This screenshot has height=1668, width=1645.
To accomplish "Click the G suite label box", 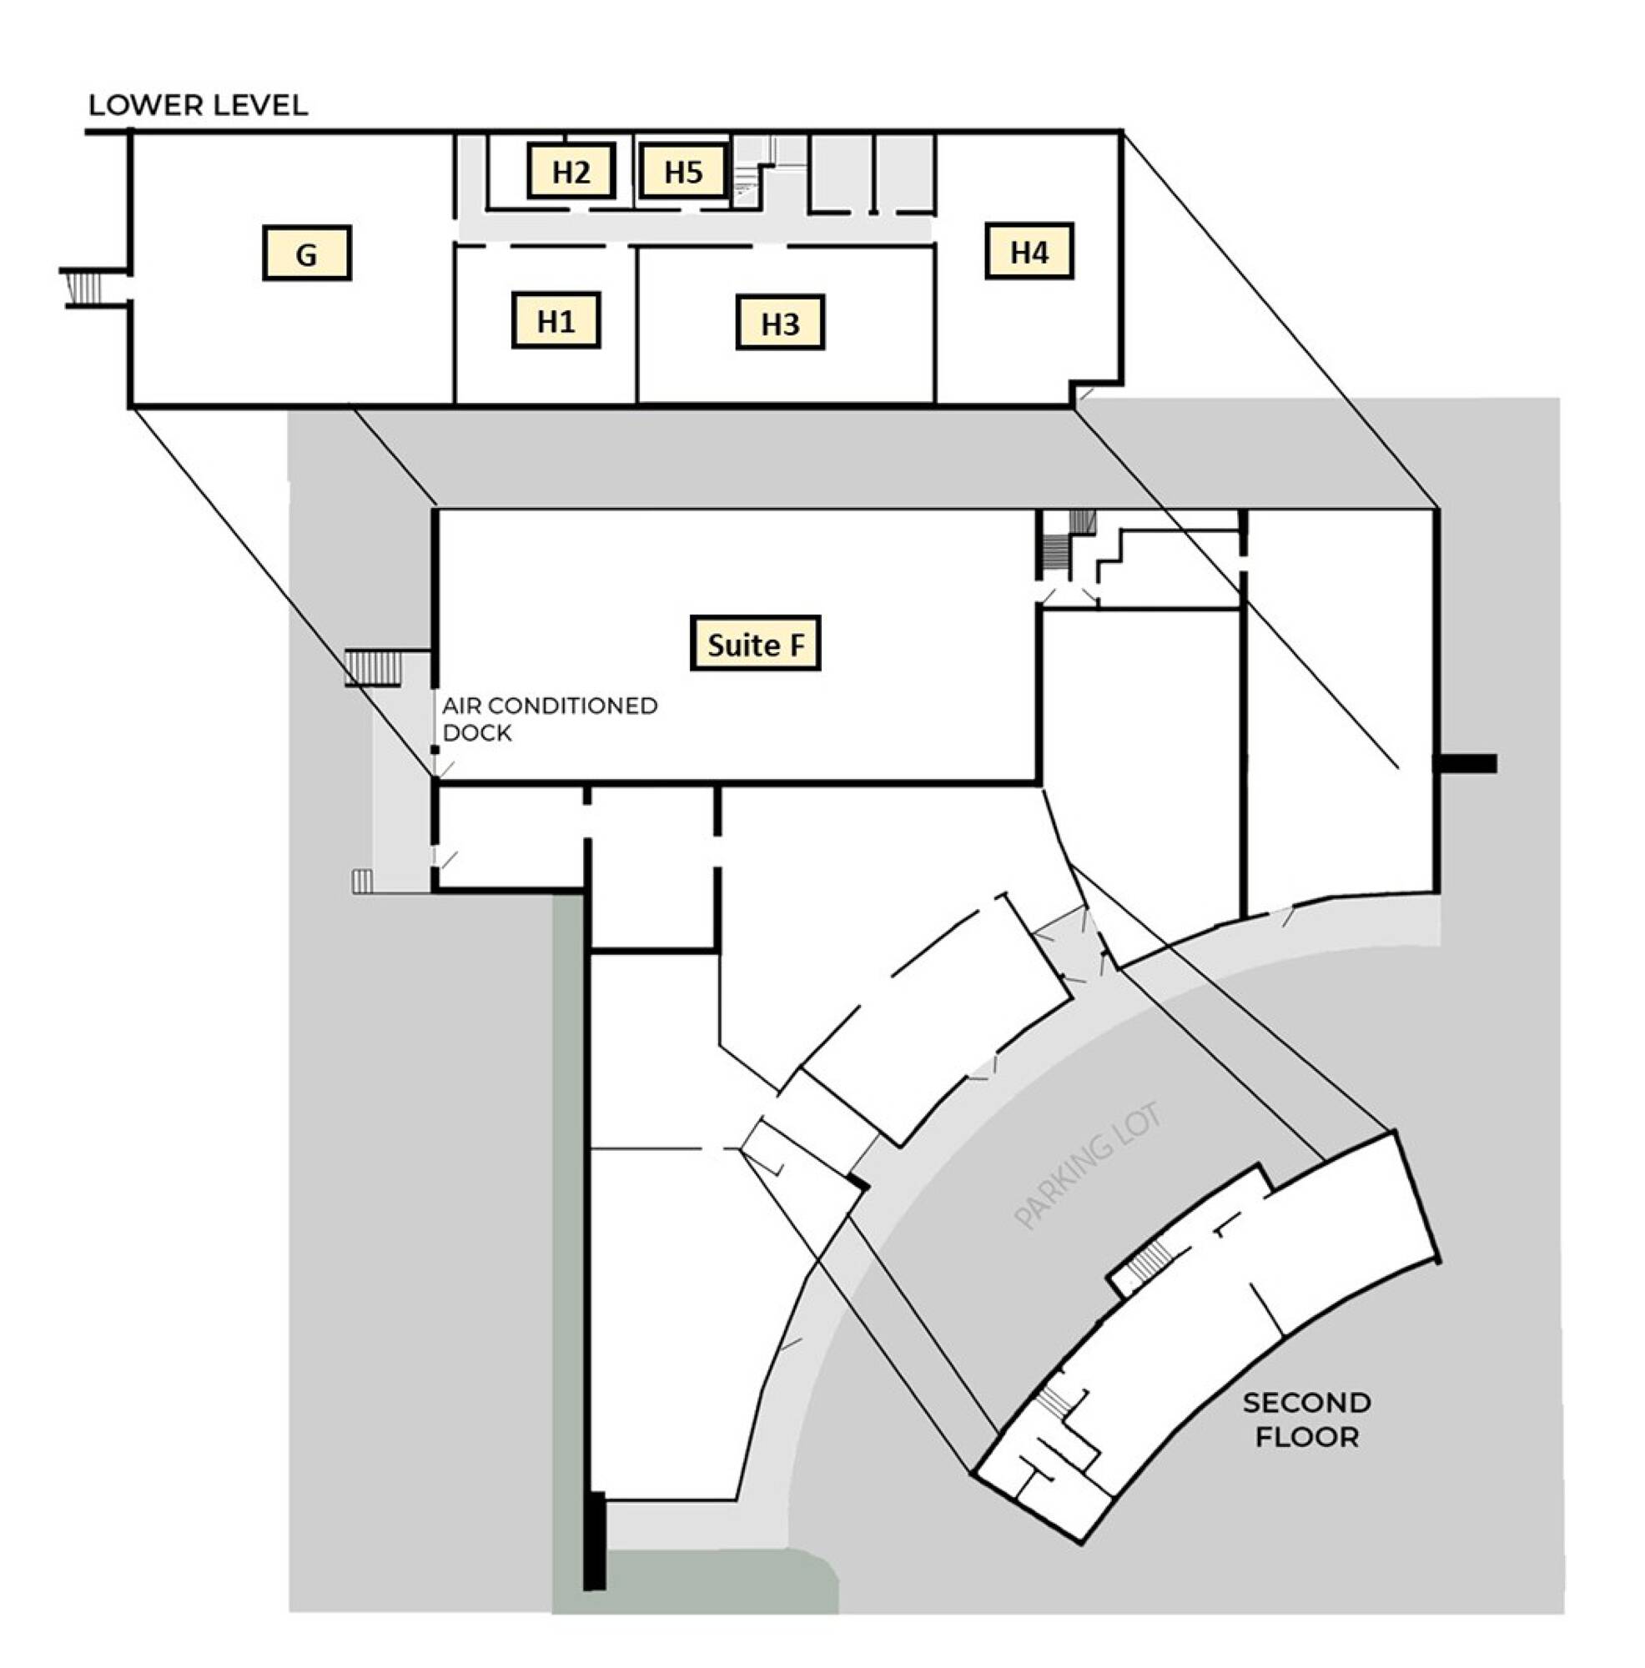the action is pyautogui.click(x=305, y=253).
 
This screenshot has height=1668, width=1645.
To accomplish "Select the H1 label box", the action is pyautogui.click(x=556, y=321).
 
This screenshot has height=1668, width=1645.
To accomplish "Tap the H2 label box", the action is pyautogui.click(x=571, y=171).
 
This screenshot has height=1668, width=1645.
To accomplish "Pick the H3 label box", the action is pyautogui.click(x=780, y=323).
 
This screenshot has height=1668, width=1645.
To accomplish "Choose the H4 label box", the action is pyautogui.click(x=1029, y=251).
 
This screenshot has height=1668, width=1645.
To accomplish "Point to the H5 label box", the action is pyautogui.click(x=683, y=171).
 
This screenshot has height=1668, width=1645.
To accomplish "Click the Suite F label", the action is pyautogui.click(x=755, y=643).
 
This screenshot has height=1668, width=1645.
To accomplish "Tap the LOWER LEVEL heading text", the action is pyautogui.click(x=198, y=105).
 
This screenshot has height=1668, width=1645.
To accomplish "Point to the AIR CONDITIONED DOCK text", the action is pyautogui.click(x=549, y=718).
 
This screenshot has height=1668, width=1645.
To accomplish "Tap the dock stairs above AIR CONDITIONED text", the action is pyautogui.click(x=373, y=667).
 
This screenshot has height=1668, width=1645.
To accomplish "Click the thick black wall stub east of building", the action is pyautogui.click(x=1465, y=763).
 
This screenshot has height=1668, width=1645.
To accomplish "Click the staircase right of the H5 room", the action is pyautogui.click(x=747, y=183).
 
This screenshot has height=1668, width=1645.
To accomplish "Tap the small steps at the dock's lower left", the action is pyautogui.click(x=362, y=881).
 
